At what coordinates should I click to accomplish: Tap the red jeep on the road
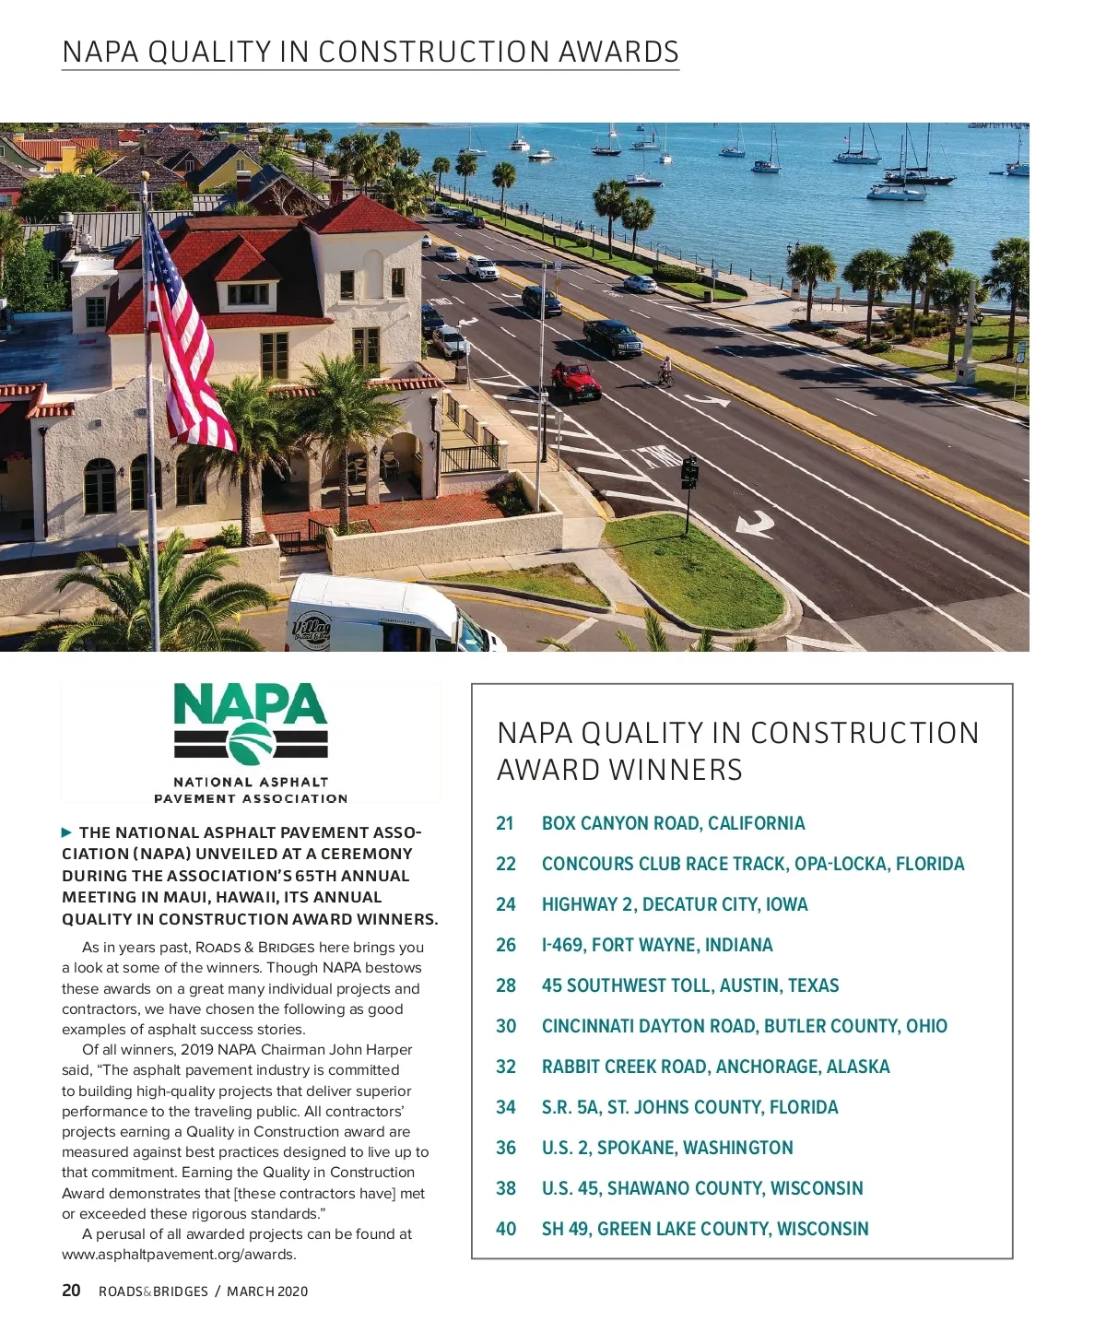576,380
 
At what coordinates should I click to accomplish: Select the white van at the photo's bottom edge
387,619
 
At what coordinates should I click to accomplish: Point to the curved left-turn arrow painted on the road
756,525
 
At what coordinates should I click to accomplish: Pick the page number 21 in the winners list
505,823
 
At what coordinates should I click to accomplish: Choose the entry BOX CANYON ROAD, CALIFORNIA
673,823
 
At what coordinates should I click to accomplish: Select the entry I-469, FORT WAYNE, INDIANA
657,945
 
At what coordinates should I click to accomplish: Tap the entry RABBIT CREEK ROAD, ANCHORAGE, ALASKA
715,1067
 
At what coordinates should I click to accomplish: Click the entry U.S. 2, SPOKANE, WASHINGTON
667,1148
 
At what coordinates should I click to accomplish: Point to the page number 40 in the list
506,1229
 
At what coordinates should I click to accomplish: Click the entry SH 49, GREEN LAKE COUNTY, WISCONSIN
705,1229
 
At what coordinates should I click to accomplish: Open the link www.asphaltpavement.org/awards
179,1255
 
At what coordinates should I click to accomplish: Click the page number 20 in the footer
71,1291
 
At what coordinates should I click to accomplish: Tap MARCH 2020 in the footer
267,1292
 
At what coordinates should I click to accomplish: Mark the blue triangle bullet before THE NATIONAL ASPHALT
66,832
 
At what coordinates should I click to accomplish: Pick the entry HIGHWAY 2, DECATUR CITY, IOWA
675,904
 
